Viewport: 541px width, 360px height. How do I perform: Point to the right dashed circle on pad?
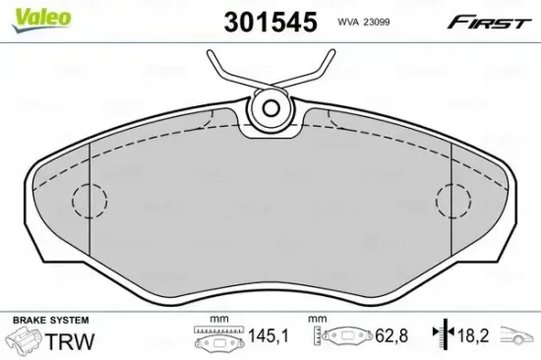(x=453, y=202)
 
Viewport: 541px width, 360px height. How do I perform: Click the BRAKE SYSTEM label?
(x=49, y=321)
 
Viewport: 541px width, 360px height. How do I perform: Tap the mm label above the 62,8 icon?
(x=318, y=321)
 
